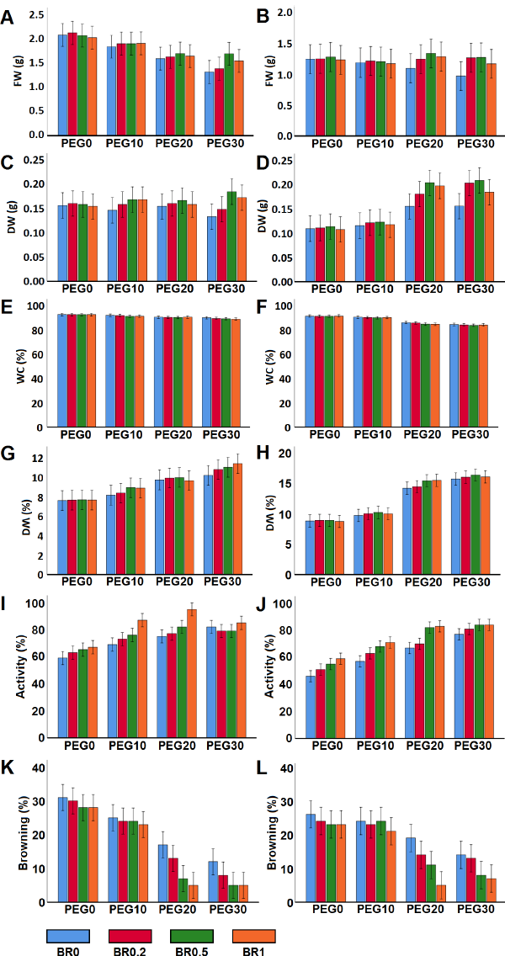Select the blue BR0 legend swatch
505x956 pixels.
click(x=68, y=936)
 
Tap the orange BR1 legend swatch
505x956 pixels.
click(x=254, y=936)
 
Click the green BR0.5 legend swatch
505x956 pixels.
click(x=192, y=936)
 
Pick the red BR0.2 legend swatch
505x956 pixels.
click(x=130, y=936)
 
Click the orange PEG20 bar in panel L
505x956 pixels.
click(x=440, y=893)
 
